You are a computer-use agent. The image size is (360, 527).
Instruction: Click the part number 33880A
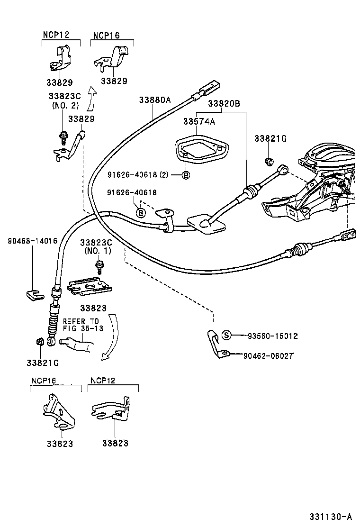pyautogui.click(x=154, y=100)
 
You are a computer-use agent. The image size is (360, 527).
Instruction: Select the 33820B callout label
pyautogui.click(x=224, y=103)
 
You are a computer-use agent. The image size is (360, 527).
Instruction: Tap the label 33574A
pyautogui.click(x=199, y=122)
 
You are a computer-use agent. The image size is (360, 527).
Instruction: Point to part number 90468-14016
pyautogui.click(x=32, y=241)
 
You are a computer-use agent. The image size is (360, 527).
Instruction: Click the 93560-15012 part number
pyautogui.click(x=272, y=336)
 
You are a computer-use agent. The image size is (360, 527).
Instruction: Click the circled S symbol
pyautogui.click(x=227, y=336)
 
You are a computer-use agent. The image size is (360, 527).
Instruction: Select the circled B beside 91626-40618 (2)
pyautogui.click(x=186, y=175)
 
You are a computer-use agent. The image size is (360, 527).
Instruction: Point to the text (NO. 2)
pyautogui.click(x=65, y=105)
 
